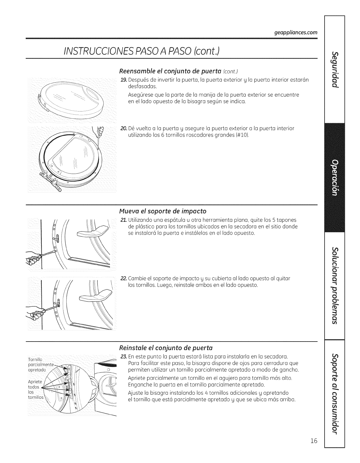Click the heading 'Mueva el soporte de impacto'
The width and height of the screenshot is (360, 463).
[162, 211]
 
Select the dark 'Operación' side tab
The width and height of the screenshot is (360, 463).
[335, 177]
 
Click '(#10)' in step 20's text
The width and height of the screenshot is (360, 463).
[242, 135]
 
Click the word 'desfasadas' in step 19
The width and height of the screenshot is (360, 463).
[141, 86]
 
